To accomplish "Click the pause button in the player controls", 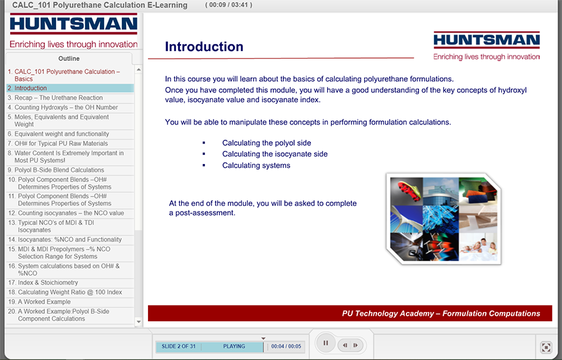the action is [x=325, y=343].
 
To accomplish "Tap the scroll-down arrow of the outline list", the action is [x=139, y=322].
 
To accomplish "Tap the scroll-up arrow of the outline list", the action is [x=139, y=69].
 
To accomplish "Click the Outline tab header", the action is [x=69, y=59].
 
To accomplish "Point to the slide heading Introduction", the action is [x=204, y=47].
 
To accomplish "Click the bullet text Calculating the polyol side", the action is [x=267, y=143].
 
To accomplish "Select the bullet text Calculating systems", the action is [x=256, y=165].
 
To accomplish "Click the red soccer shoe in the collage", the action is [x=407, y=190].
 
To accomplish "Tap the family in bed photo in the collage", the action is [x=478, y=246].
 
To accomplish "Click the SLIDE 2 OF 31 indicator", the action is [x=179, y=346].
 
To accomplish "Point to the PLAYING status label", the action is [x=234, y=346].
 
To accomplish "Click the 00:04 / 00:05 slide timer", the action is [x=286, y=346].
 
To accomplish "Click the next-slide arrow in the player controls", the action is [x=355, y=345].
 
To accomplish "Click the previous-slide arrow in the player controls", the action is [x=345, y=345].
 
